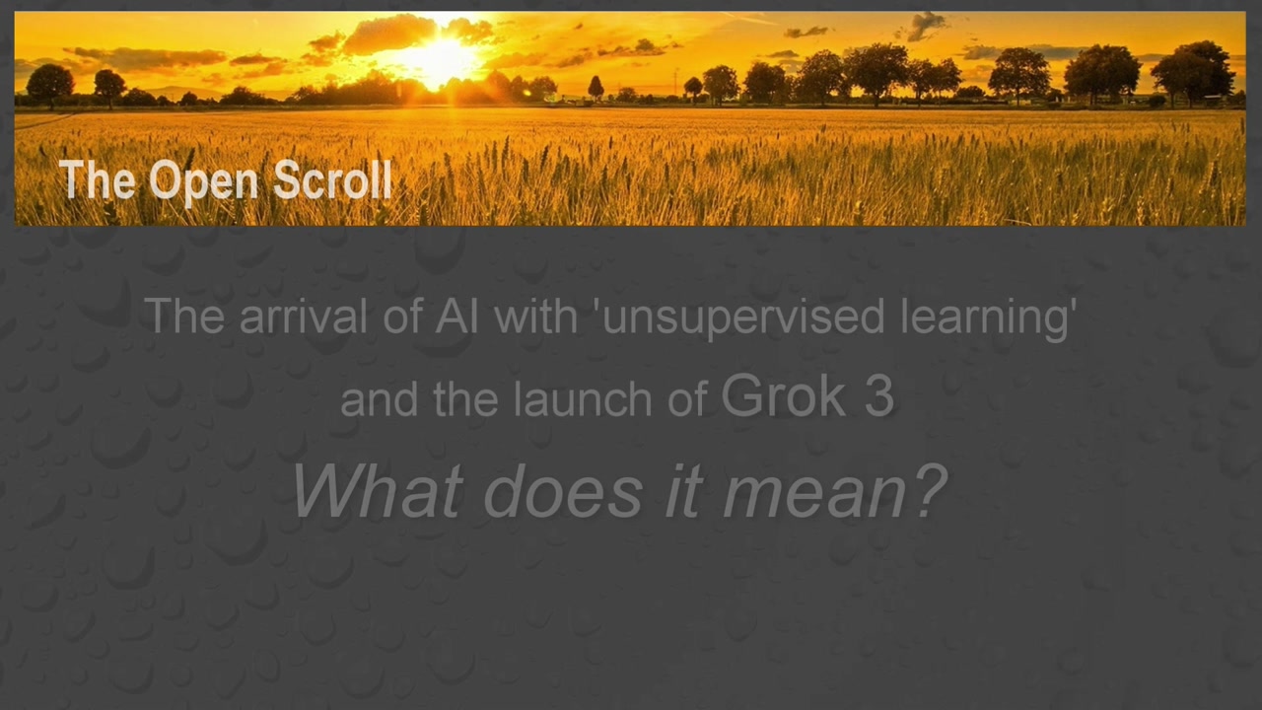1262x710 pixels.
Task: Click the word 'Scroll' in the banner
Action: (332, 179)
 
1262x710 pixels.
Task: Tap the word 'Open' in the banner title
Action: (203, 182)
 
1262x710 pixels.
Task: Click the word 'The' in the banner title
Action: (98, 179)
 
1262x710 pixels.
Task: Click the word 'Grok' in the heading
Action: (784, 395)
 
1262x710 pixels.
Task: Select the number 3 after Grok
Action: (879, 395)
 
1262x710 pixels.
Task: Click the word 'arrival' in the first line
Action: (303, 315)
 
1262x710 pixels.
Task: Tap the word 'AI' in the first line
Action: (456, 315)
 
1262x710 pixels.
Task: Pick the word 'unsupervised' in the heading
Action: (743, 319)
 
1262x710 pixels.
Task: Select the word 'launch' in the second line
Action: (583, 398)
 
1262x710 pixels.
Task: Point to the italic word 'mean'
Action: (814, 496)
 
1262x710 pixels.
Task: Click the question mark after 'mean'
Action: (931, 490)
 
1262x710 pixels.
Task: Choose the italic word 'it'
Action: (684, 490)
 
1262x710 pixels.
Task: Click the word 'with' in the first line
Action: (536, 315)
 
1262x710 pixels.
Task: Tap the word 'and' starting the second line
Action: (380, 398)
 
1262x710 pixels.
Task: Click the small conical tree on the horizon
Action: (596, 88)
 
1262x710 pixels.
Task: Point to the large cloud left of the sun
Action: (388, 34)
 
